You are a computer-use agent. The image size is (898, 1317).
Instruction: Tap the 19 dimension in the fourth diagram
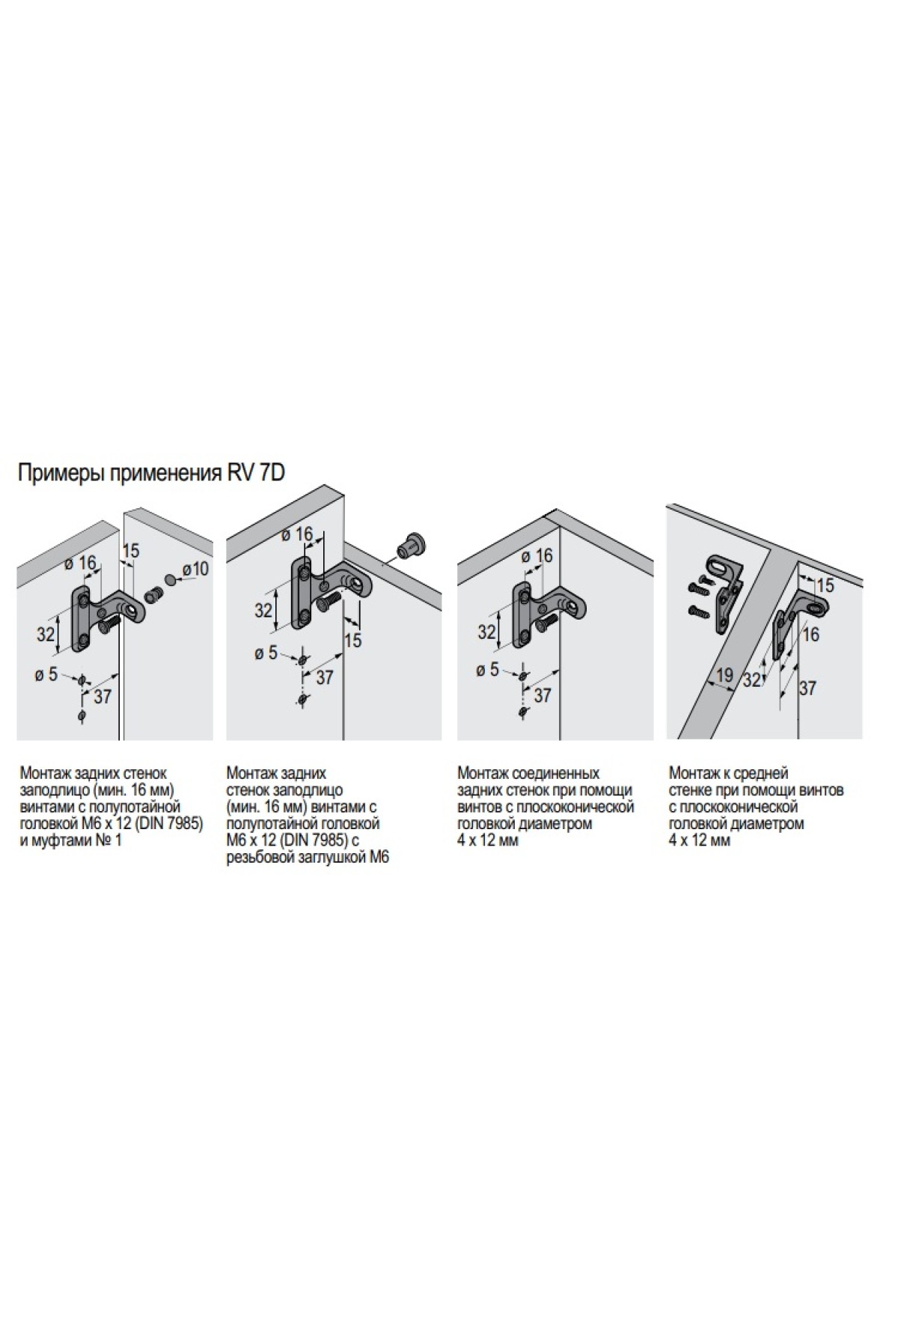724,676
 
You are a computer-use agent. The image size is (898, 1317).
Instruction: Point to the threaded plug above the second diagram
411,544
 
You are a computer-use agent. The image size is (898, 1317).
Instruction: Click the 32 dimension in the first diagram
46,634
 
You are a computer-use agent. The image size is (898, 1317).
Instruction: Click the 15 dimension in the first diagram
130,551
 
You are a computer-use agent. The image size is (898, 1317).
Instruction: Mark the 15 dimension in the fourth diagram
825,586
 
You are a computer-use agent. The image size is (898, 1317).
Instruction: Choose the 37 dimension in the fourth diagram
807,687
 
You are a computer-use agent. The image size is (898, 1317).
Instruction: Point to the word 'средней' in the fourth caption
761,772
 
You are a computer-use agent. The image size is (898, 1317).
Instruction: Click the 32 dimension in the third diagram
486,632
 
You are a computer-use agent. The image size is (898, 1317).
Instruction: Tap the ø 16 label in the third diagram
537,555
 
